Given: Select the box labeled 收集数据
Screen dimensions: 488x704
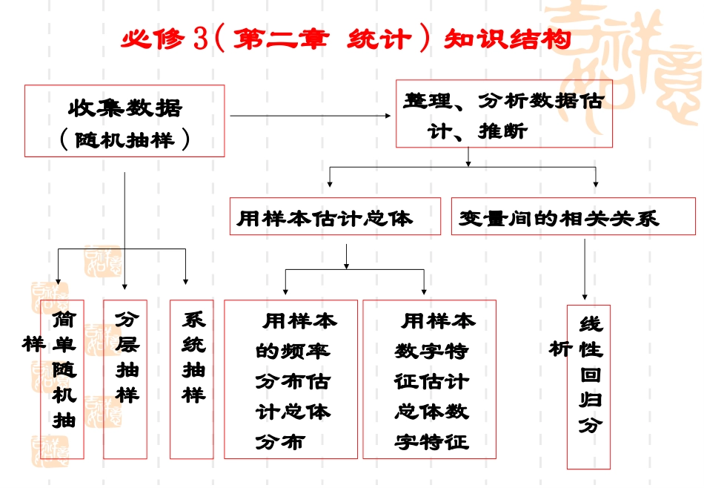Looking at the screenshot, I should click(x=124, y=108).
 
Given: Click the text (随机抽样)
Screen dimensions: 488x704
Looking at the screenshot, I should click(x=124, y=139).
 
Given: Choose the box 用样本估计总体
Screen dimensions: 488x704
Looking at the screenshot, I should click(x=334, y=217).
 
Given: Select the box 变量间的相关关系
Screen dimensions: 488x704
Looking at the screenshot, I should click(x=573, y=217).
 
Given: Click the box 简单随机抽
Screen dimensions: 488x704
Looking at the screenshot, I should click(x=64, y=378).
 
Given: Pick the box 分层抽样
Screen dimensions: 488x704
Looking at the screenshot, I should click(x=125, y=378).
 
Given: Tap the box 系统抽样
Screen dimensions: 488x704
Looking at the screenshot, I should click(x=192, y=378).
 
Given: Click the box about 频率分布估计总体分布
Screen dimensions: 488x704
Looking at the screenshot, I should click(x=290, y=379).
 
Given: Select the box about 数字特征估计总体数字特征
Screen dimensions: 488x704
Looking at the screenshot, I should click(x=430, y=379).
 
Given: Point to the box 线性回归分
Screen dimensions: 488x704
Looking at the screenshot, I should click(x=589, y=386).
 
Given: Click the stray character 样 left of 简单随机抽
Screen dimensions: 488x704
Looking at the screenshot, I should click(x=31, y=344).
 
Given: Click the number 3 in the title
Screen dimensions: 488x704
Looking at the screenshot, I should click(x=200, y=39).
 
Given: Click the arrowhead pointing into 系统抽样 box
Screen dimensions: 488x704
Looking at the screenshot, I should click(x=186, y=281).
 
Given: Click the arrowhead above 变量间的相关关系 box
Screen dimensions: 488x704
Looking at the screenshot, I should click(x=596, y=183).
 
